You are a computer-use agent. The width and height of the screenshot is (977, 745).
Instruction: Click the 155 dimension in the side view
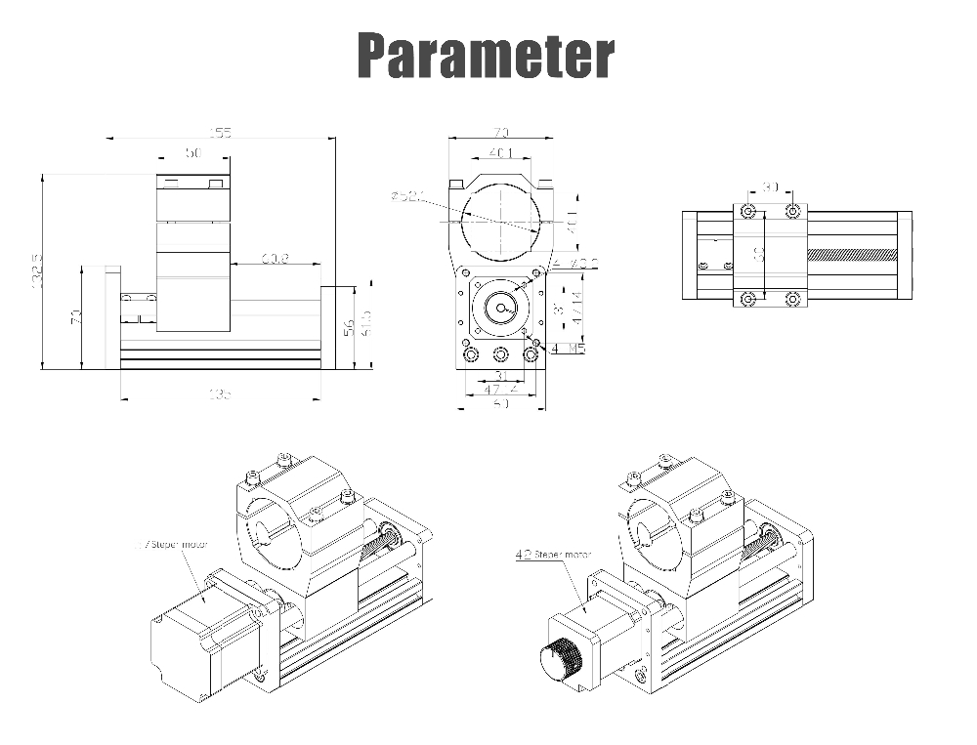click(221, 133)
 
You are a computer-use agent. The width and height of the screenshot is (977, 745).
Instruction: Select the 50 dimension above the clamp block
click(192, 153)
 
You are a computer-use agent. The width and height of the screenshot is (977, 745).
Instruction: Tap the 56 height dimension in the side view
click(349, 328)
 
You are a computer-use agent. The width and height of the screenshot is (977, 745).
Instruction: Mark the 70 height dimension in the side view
click(75, 317)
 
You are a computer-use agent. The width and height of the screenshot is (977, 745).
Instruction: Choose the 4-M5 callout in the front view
click(569, 349)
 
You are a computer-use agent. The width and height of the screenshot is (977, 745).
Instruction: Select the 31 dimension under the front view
click(499, 375)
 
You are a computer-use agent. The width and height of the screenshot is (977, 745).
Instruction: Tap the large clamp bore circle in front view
click(500, 220)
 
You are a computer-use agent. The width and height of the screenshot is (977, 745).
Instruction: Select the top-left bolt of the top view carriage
click(747, 212)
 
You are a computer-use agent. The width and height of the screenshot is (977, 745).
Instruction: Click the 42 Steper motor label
click(552, 555)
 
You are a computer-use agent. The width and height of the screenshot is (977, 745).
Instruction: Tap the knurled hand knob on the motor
click(561, 658)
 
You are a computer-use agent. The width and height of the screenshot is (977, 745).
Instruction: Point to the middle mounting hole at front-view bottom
click(501, 354)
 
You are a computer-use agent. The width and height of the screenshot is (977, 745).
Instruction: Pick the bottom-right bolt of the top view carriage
click(792, 299)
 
